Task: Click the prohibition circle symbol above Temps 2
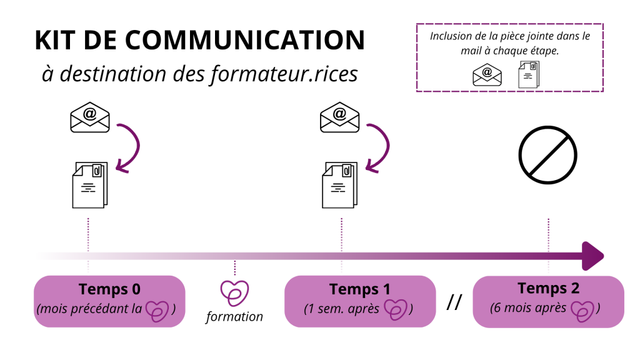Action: [548, 156]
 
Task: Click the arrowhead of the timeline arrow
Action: [593, 256]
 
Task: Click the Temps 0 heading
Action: [109, 289]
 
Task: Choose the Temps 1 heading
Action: [360, 289]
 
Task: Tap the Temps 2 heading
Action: [548, 288]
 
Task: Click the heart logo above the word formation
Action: [234, 293]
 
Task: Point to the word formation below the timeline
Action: [234, 317]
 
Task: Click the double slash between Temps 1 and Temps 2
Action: [454, 303]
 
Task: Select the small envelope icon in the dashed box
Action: [487, 74]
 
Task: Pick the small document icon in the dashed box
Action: [529, 74]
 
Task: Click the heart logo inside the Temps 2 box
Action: [582, 308]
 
